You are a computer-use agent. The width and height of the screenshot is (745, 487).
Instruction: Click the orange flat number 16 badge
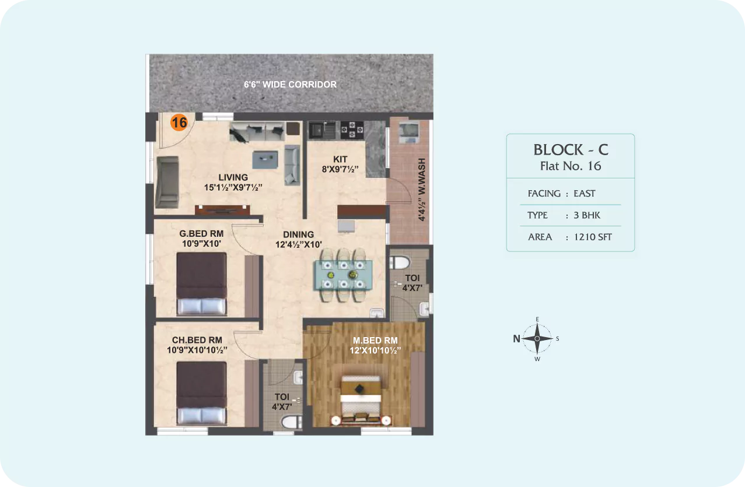pos(179,122)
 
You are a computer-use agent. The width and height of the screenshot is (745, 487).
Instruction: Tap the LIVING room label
pos(233,177)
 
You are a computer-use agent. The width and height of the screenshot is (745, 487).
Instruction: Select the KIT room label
pos(340,159)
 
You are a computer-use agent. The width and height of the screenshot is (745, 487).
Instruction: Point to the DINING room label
pos(298,234)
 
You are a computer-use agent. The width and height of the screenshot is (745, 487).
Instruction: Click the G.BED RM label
pos(201,234)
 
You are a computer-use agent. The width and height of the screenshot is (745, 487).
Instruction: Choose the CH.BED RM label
pos(197,340)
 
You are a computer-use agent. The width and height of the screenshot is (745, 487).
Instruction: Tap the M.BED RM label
pos(375,341)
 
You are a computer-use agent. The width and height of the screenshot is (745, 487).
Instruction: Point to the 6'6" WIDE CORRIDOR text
pos(290,85)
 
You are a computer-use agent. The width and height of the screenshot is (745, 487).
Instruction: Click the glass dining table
pos(343,275)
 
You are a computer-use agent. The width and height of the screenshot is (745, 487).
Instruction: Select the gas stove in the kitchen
pos(352,129)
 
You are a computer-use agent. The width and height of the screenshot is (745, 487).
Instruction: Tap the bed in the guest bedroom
pos(201,283)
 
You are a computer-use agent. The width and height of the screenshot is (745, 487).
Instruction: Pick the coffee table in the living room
pos(265,160)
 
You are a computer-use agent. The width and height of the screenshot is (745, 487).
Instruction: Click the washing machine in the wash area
pos(409,132)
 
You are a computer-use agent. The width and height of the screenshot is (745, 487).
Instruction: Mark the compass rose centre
pos(537,338)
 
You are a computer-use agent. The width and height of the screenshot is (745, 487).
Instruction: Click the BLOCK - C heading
pos(571,150)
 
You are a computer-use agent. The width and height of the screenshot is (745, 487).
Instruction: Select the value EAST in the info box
pos(585,194)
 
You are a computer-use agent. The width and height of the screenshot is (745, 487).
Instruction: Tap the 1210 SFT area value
pos(593,237)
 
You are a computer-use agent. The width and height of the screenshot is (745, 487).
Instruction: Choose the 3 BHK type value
pos(587,215)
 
